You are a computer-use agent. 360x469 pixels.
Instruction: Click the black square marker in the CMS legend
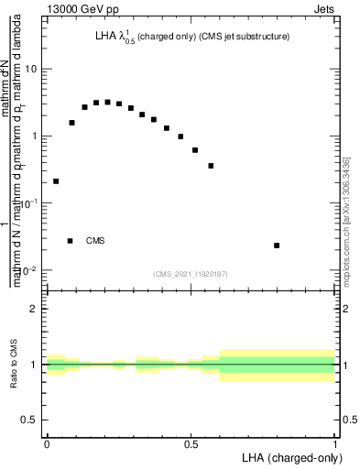pyautogui.click(x=71, y=241)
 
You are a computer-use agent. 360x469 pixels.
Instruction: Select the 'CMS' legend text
pyautogui.click(x=95, y=241)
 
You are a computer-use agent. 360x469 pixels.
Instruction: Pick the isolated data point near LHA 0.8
pyautogui.click(x=277, y=245)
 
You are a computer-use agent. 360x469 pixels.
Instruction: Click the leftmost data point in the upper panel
pyautogui.click(x=56, y=181)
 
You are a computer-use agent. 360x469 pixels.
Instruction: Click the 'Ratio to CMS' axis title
pyautogui.click(x=14, y=364)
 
